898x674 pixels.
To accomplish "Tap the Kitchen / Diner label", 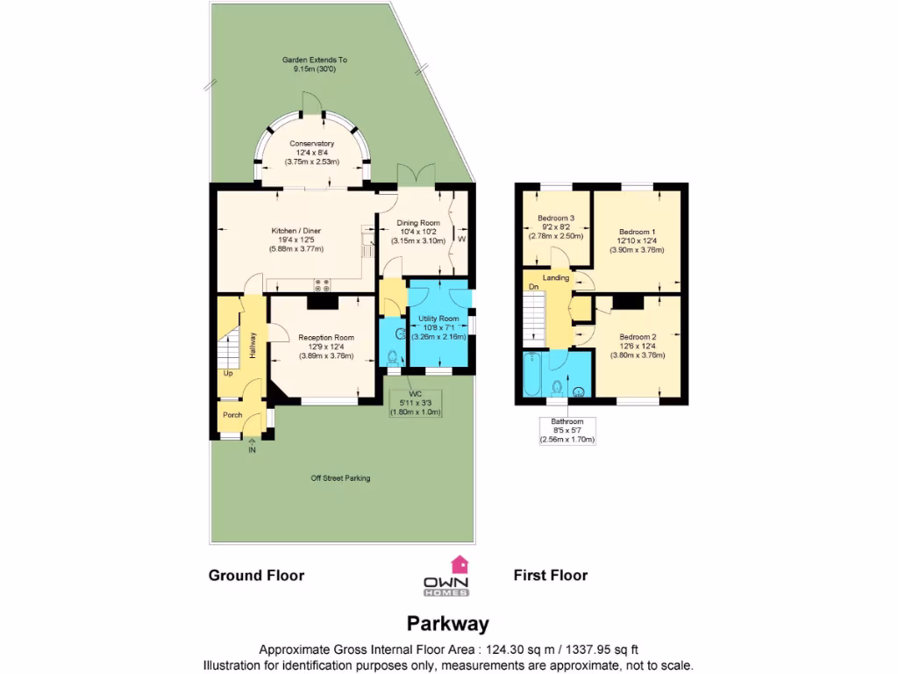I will point(296,232).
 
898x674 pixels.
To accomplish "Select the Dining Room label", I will point(417,223).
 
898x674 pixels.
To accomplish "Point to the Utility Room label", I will point(438,318).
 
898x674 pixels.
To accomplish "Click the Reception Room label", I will point(326,338).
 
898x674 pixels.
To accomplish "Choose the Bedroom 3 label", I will point(556,219).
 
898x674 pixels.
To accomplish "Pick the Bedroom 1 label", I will point(637,232).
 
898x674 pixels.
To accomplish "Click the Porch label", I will point(232,415).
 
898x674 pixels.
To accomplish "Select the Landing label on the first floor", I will point(556,278).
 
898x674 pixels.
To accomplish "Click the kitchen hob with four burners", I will point(322,284).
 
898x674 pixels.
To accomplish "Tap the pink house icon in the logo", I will point(460,563).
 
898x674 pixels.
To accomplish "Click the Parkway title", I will point(448,624).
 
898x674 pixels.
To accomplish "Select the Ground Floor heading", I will point(256,576).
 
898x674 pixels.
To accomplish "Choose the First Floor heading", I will point(550,576).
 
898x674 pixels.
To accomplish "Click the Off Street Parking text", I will point(340,478).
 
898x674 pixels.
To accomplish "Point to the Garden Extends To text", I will point(314,60).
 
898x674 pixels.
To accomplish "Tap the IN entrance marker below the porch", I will point(252,450).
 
